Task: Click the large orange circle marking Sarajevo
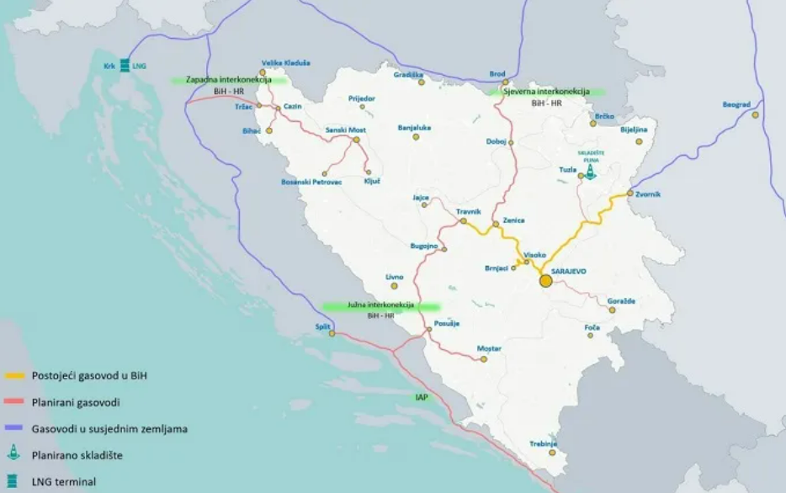pyautogui.click(x=545, y=280)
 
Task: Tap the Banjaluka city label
pyautogui.click(x=414, y=128)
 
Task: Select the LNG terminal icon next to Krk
pyautogui.click(x=125, y=65)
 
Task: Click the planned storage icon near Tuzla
pyautogui.click(x=591, y=172)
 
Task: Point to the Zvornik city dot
pyautogui.click(x=629, y=193)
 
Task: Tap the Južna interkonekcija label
pyautogui.click(x=381, y=305)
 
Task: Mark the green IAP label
pyautogui.click(x=422, y=396)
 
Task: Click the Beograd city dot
pyautogui.click(x=756, y=114)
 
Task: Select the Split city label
pyautogui.click(x=322, y=326)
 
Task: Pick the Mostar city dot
pyautogui.click(x=484, y=359)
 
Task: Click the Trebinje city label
pyautogui.click(x=544, y=443)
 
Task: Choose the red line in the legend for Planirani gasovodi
pyautogui.click(x=14, y=402)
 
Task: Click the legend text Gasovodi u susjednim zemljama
pyautogui.click(x=109, y=428)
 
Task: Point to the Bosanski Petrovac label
pyautogui.click(x=311, y=183)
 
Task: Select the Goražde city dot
pyautogui.click(x=613, y=310)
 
